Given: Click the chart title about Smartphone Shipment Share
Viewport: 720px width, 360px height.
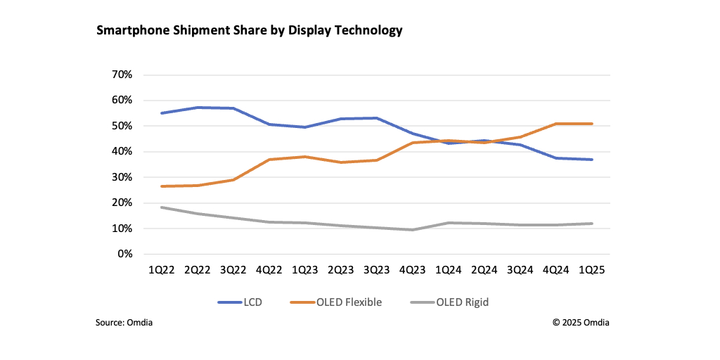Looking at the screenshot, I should [x=249, y=30].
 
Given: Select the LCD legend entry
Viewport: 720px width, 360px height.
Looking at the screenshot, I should [x=243, y=302].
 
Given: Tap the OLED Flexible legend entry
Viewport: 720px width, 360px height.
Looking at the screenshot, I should [x=335, y=302].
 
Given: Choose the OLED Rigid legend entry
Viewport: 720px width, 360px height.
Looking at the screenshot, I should [x=449, y=302].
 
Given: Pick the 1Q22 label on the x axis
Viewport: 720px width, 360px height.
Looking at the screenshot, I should [x=162, y=270].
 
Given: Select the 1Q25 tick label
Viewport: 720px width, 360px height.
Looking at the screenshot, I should [x=592, y=270].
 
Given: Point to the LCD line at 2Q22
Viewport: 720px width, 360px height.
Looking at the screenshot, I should [x=198, y=108].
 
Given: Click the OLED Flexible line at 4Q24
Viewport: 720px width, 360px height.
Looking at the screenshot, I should [x=556, y=124].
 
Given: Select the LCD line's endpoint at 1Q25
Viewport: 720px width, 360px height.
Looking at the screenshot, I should [x=592, y=160].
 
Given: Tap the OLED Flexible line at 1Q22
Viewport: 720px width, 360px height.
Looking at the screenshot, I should [x=162, y=186].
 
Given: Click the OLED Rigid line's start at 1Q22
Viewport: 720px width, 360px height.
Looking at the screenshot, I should [x=162, y=207].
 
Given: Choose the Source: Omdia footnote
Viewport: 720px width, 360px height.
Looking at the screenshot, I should [x=124, y=323].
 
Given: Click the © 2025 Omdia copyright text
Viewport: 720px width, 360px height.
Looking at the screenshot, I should [x=581, y=323].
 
